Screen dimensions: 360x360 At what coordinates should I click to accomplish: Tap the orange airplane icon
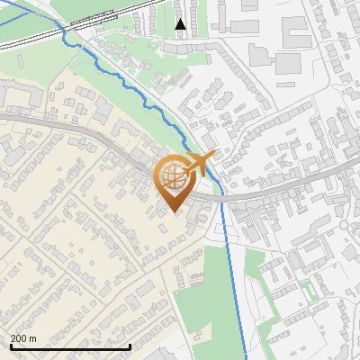click(201, 163)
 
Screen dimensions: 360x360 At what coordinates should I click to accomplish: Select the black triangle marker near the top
click(181, 24)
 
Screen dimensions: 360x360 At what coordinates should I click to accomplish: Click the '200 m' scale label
click(23, 337)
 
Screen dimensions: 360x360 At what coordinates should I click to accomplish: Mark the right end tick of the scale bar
click(130, 346)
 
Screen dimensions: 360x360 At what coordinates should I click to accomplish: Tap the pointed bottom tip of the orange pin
click(173, 212)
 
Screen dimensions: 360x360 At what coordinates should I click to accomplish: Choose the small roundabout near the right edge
click(343, 224)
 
